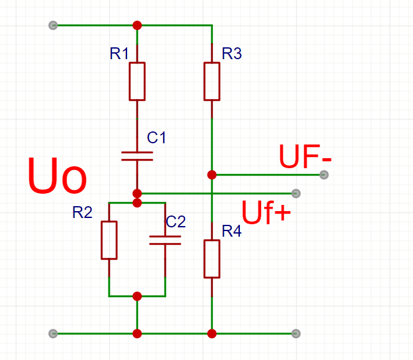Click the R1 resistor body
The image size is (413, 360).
point(137,81)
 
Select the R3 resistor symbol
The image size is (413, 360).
point(212,81)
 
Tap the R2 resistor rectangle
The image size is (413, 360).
point(109,240)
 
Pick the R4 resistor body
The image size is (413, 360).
point(212,258)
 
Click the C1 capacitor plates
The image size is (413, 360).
point(137,155)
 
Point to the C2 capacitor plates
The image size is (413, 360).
point(165,240)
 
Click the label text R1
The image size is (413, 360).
point(119,54)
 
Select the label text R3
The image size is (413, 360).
point(232,54)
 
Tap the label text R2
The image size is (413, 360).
point(82,213)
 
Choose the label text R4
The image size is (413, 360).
point(231,232)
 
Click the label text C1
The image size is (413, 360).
point(156,137)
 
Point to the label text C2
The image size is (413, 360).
point(176,221)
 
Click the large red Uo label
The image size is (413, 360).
point(57,176)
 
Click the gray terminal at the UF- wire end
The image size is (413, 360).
point(323,174)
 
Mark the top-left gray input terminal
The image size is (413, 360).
point(53,26)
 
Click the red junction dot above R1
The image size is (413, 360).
point(137,26)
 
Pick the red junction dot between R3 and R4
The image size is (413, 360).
point(212,174)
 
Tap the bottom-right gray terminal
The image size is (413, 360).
point(296,333)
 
